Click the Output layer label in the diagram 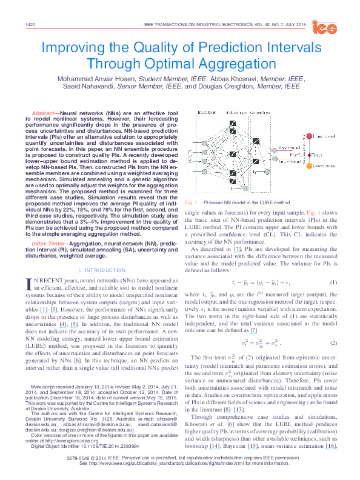click(x=274, y=112)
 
